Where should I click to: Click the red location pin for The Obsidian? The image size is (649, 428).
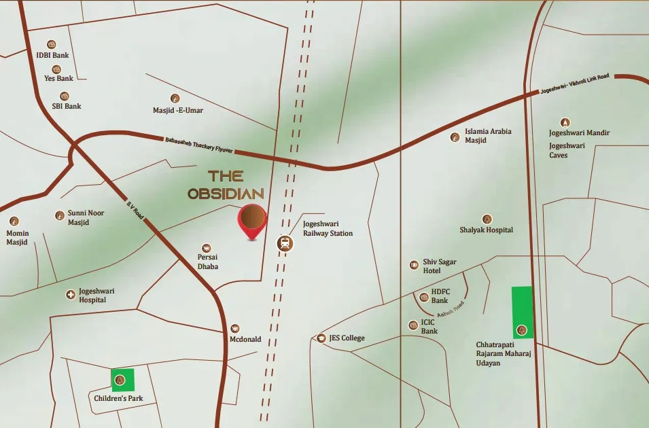pyautogui.click(x=252, y=219)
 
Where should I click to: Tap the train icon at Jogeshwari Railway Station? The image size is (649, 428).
pyautogui.click(x=285, y=243)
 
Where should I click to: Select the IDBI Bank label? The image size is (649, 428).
pyautogui.click(x=52, y=56)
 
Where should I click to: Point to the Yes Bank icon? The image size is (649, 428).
pyautogui.click(x=56, y=69)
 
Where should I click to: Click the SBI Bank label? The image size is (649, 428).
pyautogui.click(x=66, y=106)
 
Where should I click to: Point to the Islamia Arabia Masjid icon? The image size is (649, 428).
pyautogui.click(x=455, y=137)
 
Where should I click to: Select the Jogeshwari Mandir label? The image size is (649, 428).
pyautogui.click(x=579, y=133)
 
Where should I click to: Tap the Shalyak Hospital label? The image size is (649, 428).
pyautogui.click(x=486, y=230)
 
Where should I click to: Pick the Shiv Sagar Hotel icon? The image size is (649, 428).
pyautogui.click(x=414, y=265)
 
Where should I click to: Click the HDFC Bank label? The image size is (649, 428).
pyautogui.click(x=440, y=296)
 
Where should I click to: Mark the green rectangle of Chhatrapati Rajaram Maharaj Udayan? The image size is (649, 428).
pyautogui.click(x=522, y=312)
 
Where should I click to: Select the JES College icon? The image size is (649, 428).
pyautogui.click(x=321, y=338)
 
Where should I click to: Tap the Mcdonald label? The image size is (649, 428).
pyautogui.click(x=245, y=339)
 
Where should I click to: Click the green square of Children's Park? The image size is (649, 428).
pyautogui.click(x=122, y=379)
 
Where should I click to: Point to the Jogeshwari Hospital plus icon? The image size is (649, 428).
pyautogui.click(x=70, y=294)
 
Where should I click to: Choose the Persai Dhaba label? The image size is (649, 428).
pyautogui.click(x=207, y=262)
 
